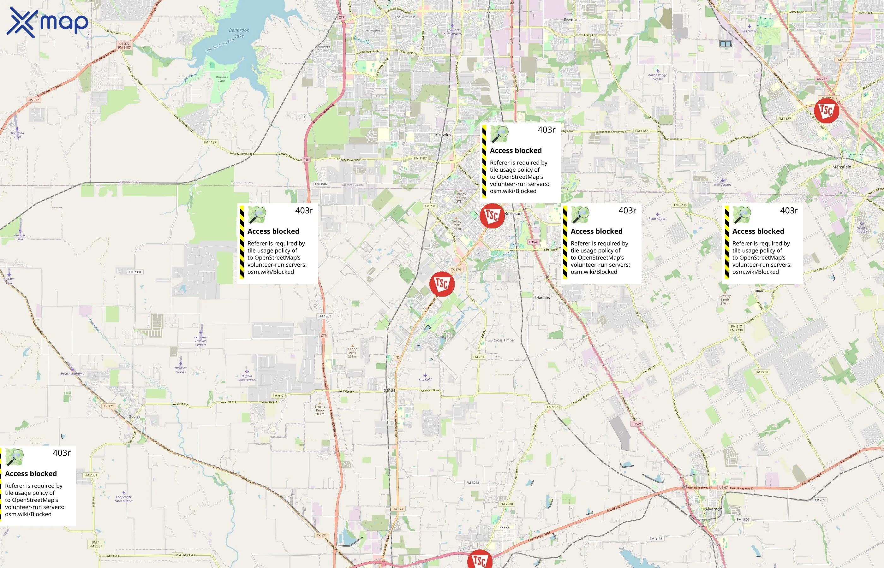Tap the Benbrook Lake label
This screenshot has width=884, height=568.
(x=239, y=33)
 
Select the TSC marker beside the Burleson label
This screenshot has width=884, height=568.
(x=492, y=216)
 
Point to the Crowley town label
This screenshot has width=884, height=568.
(x=444, y=135)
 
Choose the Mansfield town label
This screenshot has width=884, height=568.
(x=842, y=167)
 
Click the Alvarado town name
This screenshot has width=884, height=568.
(x=714, y=509)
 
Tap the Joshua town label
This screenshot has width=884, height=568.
(x=389, y=390)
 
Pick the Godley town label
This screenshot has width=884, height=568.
(x=134, y=417)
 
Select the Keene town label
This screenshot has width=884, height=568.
(x=504, y=528)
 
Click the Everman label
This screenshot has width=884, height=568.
(x=571, y=20)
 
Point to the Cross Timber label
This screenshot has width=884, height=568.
(x=504, y=340)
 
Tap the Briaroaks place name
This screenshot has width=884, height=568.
(x=542, y=298)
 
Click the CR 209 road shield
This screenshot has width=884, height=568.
(x=820, y=500)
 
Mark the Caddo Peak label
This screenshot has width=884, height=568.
(x=352, y=352)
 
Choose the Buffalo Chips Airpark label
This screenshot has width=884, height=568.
(x=247, y=378)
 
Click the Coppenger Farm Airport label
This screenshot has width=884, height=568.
(x=123, y=499)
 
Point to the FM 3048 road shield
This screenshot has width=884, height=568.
(x=473, y=482)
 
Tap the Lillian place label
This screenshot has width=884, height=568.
(x=758, y=291)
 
